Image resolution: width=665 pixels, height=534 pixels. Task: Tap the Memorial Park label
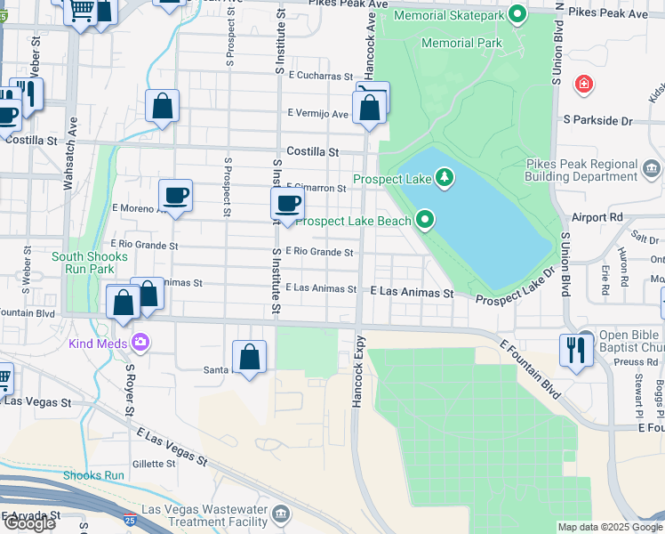[461, 43]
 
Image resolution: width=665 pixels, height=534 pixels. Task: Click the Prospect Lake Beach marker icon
[426, 220]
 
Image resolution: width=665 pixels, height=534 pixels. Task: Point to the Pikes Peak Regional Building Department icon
[651, 167]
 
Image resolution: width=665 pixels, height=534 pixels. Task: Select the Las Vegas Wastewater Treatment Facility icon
[281, 514]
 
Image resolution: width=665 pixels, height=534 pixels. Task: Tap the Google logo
[29, 523]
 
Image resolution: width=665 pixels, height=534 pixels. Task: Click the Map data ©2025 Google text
[609, 527]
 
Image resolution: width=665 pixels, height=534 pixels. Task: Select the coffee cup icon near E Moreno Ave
[175, 195]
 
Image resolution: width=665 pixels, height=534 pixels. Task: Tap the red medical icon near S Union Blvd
[583, 85]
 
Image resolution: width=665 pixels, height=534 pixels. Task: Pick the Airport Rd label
[597, 217]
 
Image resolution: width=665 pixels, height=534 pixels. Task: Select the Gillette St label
[154, 464]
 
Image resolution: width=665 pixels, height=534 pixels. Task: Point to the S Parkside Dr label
[597, 119]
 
